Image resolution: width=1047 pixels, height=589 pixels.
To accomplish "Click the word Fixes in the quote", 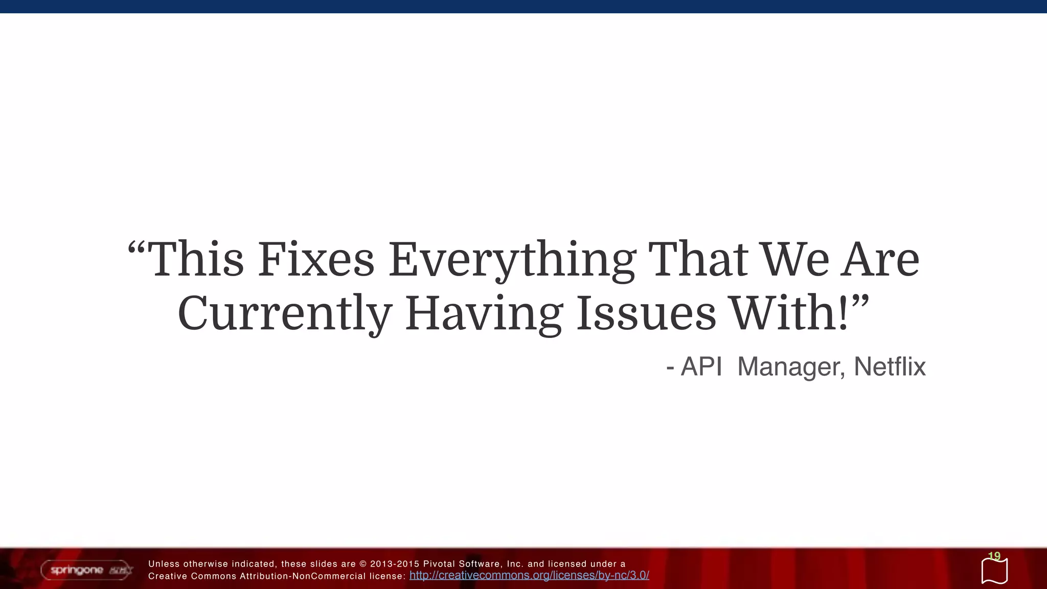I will point(316,260).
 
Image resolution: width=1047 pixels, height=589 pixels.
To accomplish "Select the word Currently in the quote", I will point(284,313).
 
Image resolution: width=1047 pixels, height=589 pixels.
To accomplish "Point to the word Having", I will point(483,313).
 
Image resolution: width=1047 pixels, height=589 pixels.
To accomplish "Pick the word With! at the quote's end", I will point(790,313).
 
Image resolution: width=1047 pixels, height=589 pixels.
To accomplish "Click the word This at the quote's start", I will point(197,260).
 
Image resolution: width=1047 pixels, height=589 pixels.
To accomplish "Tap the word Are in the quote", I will point(880,260).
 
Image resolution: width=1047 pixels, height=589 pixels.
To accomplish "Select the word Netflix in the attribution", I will point(890,367).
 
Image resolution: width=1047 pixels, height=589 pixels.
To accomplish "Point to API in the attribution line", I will point(701,367).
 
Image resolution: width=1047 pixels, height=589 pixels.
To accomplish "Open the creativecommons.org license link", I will point(529,575).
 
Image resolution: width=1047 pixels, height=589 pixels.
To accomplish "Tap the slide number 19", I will point(994,556).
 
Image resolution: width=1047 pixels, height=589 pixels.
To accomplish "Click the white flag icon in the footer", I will point(994,572).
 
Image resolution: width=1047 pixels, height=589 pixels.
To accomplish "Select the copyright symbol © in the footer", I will point(363,564).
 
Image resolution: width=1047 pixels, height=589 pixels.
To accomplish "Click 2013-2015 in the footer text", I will point(394,564).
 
